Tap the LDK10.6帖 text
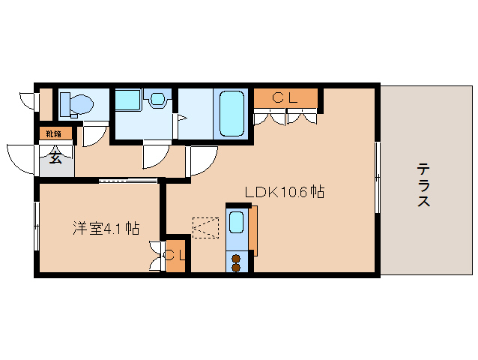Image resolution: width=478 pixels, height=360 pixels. (x=284, y=192)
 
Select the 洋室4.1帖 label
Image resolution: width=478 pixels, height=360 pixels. (x=106, y=228)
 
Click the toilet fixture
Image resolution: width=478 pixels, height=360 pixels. (x=74, y=103)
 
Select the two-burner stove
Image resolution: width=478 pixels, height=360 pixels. (x=237, y=262)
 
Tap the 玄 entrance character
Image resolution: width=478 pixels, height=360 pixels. (x=55, y=157)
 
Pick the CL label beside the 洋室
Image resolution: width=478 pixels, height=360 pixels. (x=176, y=255)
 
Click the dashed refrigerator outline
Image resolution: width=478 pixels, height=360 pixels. (x=205, y=227)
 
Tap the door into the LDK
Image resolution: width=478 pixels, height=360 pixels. (x=201, y=159)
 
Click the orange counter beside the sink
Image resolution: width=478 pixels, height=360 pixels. (x=252, y=229)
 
